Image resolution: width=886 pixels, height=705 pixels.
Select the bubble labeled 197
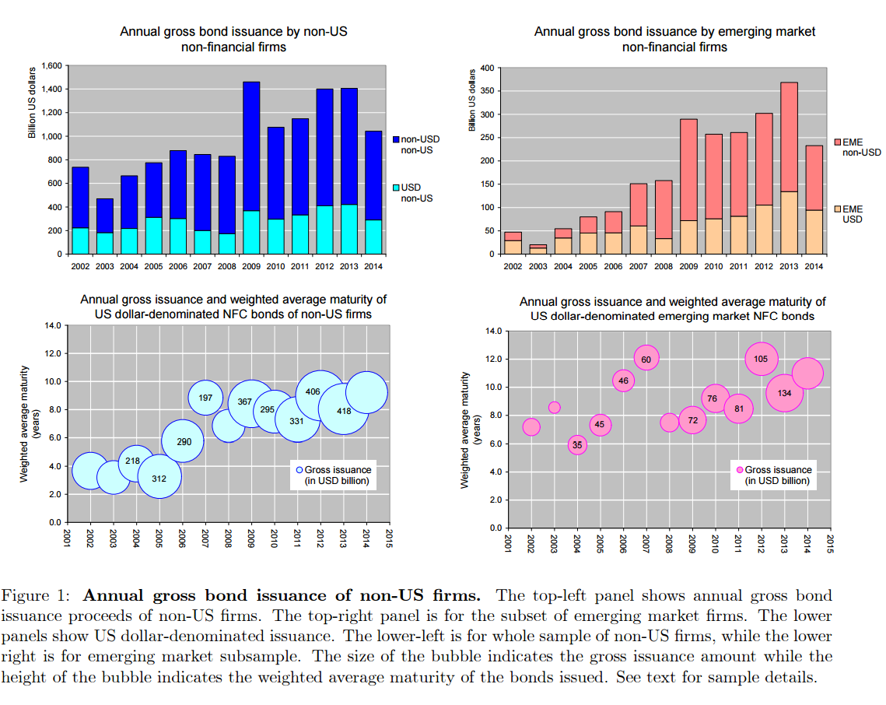206,397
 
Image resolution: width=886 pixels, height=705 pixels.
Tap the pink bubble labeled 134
785,393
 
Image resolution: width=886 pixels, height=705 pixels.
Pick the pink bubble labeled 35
577,445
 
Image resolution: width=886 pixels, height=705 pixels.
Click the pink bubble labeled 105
762,359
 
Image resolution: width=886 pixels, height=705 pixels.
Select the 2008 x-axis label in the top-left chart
228,267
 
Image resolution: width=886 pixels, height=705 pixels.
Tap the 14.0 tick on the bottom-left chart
51,325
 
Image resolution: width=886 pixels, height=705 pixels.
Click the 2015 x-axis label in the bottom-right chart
831,543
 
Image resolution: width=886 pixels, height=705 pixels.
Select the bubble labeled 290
184,441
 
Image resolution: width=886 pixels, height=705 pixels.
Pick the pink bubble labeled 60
646,358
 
